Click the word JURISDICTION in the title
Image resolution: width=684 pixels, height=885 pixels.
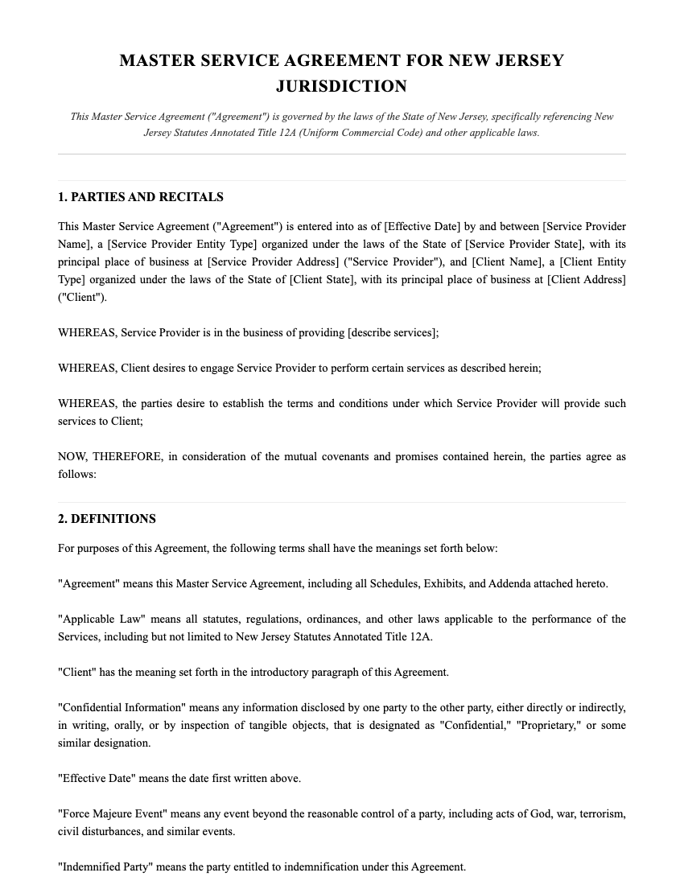(x=341, y=86)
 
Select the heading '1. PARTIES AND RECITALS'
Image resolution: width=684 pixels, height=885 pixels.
(x=141, y=197)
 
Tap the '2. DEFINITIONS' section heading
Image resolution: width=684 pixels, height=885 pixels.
(x=107, y=519)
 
